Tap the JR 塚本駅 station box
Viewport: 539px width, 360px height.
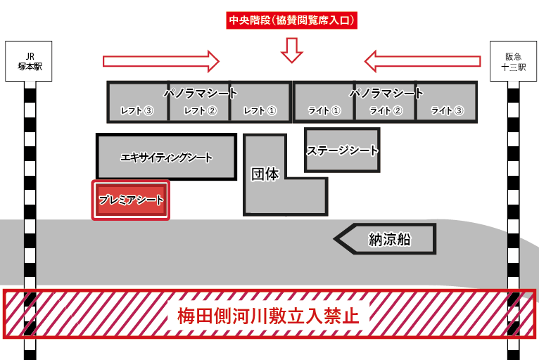tap(30, 62)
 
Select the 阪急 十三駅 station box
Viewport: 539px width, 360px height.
tap(510, 62)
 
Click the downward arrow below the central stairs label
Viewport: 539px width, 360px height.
tap(291, 49)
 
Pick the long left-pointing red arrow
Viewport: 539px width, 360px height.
tap(422, 60)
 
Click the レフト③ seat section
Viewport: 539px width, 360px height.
tap(137, 110)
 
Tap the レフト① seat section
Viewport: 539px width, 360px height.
tap(260, 110)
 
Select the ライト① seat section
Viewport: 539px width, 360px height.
tap(324, 110)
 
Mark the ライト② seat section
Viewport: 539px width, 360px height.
tap(386, 110)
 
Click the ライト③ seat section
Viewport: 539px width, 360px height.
tap(447, 110)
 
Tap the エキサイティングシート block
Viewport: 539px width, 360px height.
tap(166, 157)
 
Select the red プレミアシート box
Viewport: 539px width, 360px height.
tap(131, 200)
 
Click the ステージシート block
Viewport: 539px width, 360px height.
tap(342, 150)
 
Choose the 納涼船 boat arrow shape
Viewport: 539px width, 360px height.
tap(387, 240)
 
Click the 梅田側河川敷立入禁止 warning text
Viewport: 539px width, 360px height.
tap(269, 314)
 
